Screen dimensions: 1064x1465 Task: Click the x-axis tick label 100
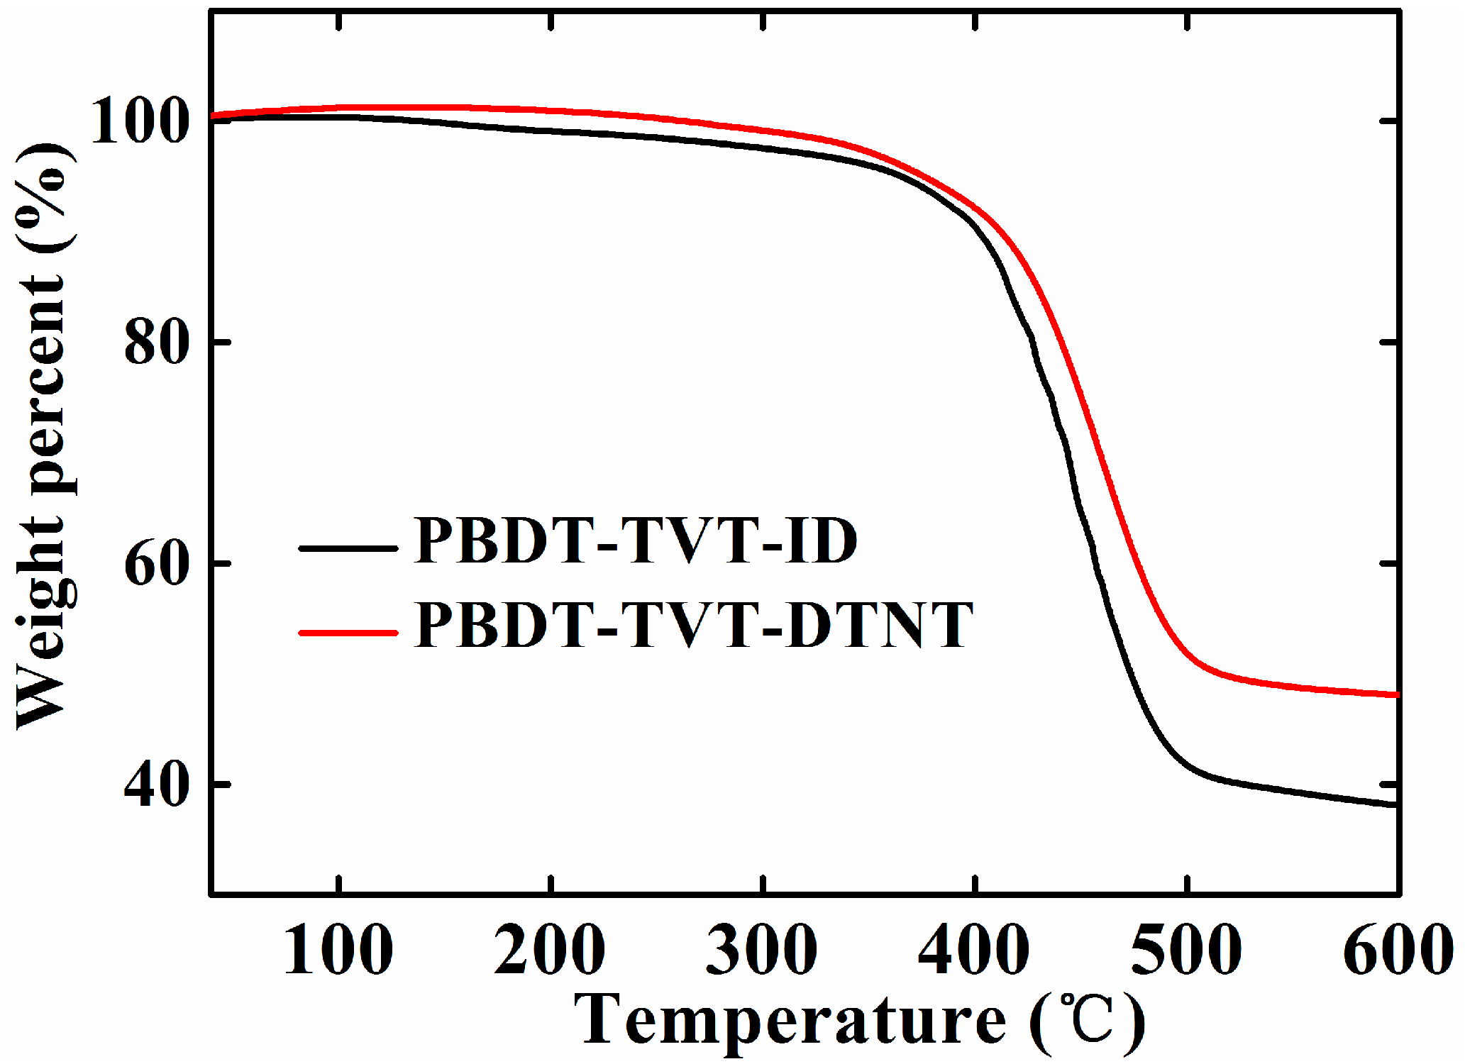point(338,951)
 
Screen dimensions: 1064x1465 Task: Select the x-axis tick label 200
point(549,951)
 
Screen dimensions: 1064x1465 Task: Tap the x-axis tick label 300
point(761,951)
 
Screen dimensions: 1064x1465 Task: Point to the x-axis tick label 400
point(973,951)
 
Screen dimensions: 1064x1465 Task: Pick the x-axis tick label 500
point(1185,951)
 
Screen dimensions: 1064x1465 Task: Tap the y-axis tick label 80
point(157,343)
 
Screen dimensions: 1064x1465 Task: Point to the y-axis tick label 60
point(157,565)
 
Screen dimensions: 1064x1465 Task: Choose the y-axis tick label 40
point(157,786)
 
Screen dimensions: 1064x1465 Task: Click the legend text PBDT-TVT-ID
point(635,541)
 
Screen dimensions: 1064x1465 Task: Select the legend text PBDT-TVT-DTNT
point(693,626)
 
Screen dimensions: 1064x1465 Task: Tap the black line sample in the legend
point(348,548)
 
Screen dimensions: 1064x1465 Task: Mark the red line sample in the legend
point(348,632)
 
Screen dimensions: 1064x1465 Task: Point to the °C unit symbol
point(1088,1020)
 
